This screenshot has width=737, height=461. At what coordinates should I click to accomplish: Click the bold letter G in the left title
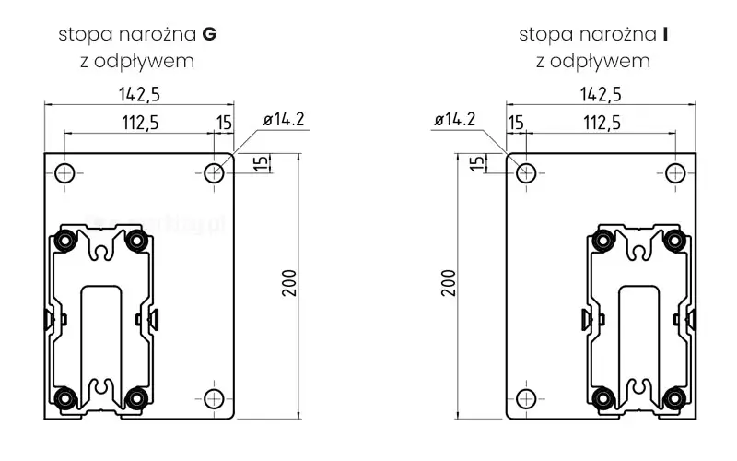[209, 34]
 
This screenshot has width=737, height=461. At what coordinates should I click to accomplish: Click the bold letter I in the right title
[665, 34]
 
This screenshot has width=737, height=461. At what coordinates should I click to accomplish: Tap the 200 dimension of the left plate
[289, 283]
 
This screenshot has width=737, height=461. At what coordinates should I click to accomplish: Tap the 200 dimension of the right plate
[449, 283]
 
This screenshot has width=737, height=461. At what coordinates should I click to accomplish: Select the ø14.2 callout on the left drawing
[284, 120]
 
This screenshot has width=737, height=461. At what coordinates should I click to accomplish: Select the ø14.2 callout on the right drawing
[454, 120]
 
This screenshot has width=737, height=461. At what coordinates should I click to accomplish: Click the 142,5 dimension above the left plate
[139, 95]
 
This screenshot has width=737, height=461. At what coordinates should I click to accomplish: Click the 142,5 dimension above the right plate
[601, 95]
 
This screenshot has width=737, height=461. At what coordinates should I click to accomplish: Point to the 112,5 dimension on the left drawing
[141, 123]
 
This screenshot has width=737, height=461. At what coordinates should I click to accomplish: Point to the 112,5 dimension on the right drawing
[602, 123]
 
